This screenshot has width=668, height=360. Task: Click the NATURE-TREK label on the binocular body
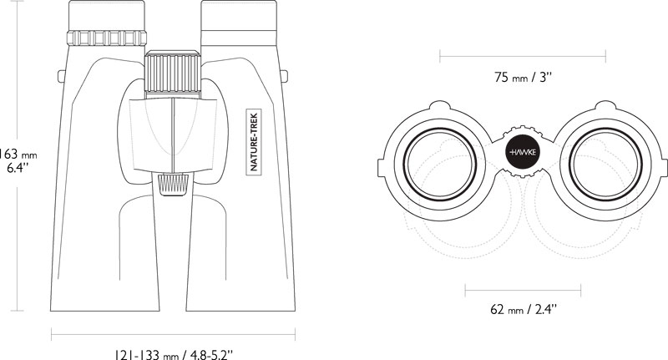point(255,142)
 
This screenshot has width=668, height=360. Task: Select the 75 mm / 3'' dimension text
point(524,78)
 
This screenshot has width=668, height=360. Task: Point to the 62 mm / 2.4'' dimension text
point(524,309)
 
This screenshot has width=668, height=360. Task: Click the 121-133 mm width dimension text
point(174,354)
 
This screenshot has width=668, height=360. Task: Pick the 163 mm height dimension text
point(18,160)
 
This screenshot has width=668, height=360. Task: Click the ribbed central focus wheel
point(173,72)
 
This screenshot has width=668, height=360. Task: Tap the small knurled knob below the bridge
point(174,185)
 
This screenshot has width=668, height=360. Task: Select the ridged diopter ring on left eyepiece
point(107,38)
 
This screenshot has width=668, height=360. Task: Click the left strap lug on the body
point(61,76)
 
